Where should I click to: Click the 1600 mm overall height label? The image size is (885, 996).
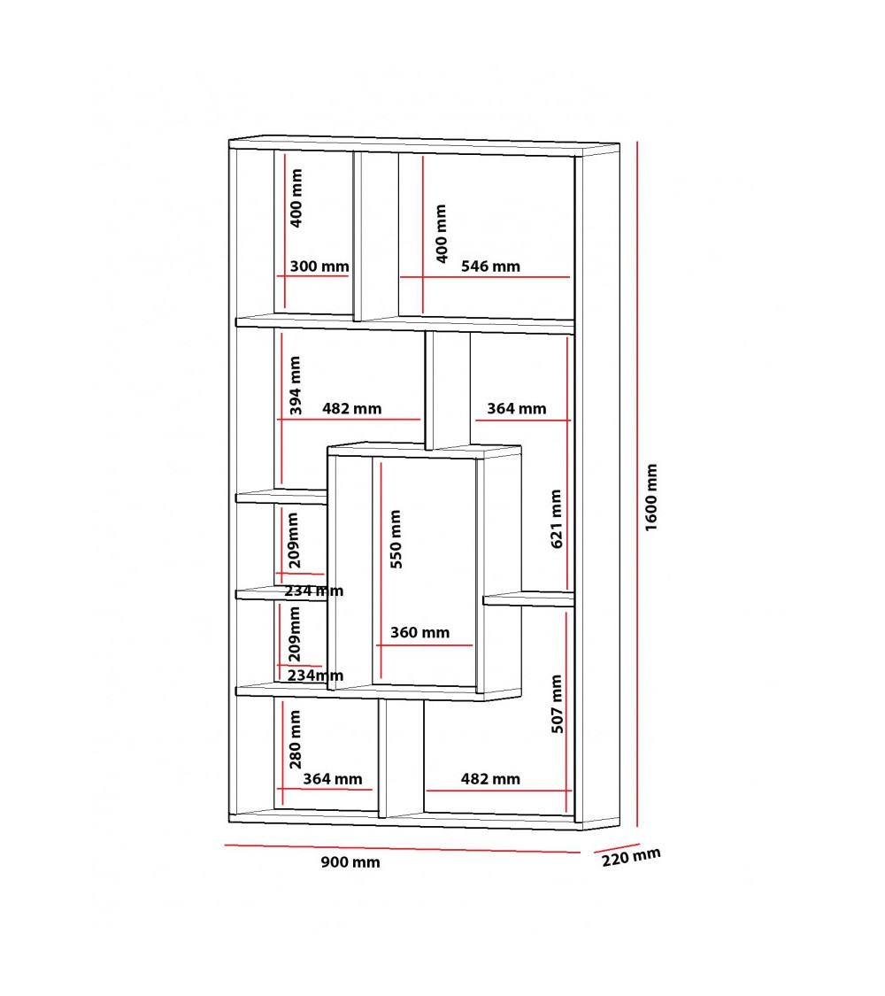point(651,498)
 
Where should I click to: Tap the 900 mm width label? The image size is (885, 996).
point(350,862)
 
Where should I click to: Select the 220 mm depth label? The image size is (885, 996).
point(631,857)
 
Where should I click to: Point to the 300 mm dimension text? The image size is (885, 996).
point(319,266)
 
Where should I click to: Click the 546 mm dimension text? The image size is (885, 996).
point(491,266)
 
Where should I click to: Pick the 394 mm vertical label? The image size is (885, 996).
point(296,385)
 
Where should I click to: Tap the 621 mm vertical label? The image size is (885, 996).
point(556,518)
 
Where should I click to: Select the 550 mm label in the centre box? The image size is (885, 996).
point(396,538)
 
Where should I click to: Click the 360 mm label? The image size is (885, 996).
point(419,633)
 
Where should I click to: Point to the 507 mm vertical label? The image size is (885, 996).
point(557,704)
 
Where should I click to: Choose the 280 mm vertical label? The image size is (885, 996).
point(296,739)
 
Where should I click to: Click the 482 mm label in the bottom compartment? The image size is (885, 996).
point(491,779)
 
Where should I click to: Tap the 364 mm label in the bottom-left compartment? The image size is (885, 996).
point(333,779)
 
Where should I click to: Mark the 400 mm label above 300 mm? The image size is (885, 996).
point(296,197)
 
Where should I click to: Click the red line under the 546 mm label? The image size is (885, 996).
point(485,277)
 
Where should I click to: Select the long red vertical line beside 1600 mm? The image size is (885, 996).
point(637,484)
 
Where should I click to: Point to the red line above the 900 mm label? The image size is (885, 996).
point(403,849)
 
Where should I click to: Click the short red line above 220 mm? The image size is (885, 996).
point(617,848)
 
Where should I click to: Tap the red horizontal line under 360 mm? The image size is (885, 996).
point(424,645)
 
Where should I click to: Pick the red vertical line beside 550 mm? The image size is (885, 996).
point(381,570)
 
